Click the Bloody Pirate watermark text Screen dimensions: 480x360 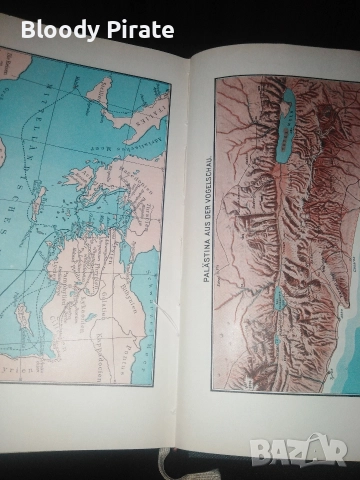(97, 29)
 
